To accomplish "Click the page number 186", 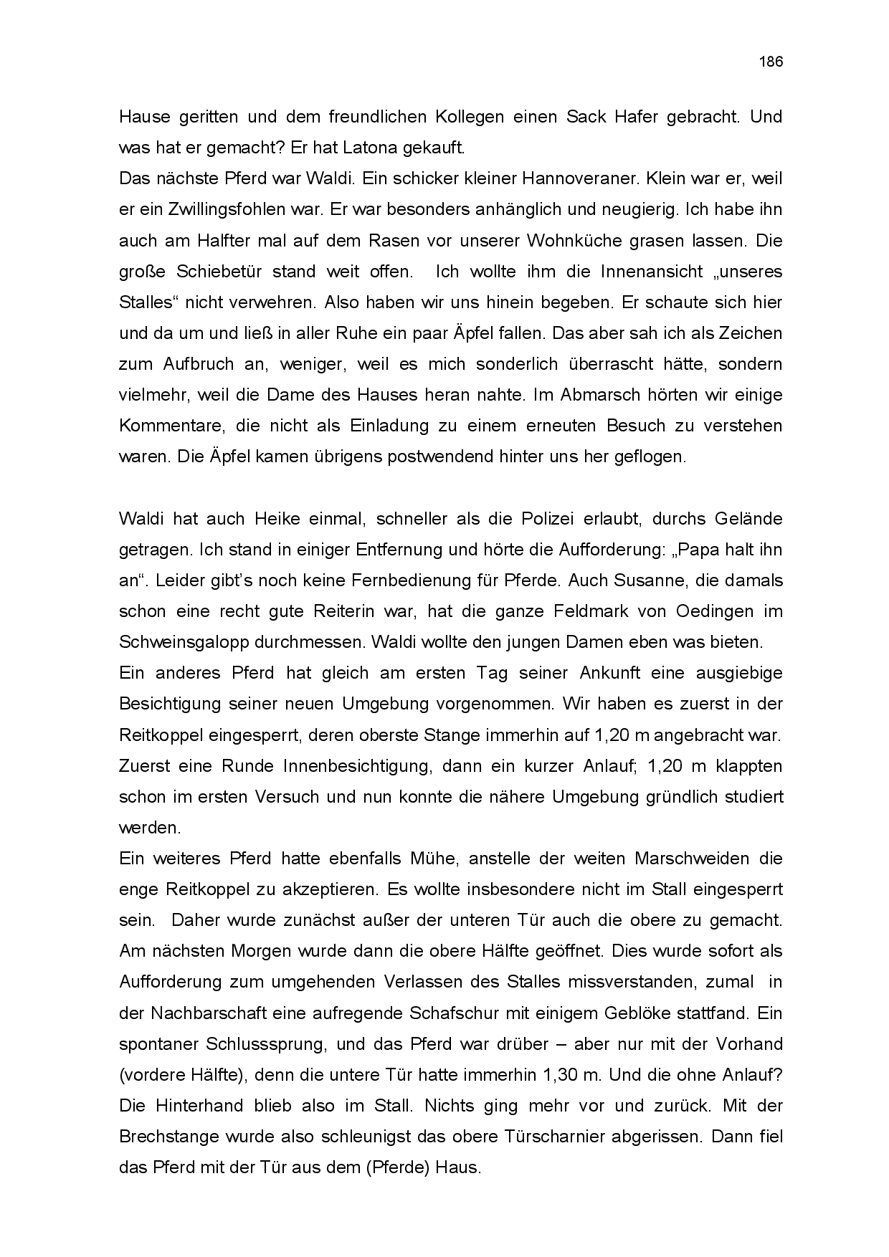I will coord(771,62).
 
